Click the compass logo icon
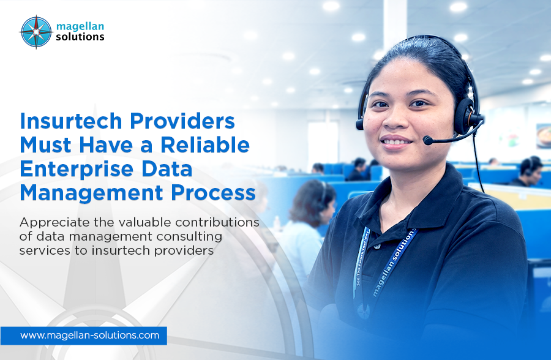[36, 32]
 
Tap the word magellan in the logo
[80, 26]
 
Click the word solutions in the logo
[80, 37]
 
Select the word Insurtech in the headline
[71, 121]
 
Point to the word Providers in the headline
[182, 121]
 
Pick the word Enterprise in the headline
[77, 169]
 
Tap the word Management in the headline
[91, 193]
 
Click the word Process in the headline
[213, 193]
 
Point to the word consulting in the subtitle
[189, 236]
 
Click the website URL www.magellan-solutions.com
[89, 336]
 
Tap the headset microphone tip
[428, 140]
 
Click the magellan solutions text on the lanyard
[394, 262]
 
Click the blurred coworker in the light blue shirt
[305, 225]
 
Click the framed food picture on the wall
[544, 136]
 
